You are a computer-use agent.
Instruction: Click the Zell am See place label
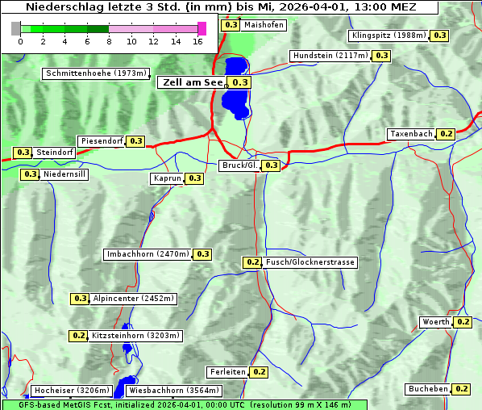[x=191, y=82]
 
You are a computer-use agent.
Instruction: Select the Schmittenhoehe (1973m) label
[x=96, y=73]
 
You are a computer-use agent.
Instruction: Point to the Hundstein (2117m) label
[x=330, y=56]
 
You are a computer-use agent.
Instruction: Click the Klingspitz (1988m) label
[x=389, y=36]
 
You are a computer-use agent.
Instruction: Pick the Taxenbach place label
[x=411, y=134]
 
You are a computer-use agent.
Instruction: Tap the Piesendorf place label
[x=102, y=141]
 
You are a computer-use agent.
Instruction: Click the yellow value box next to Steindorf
[x=23, y=153]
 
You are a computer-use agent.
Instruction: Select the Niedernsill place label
[x=64, y=174]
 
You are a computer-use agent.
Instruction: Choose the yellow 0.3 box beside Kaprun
[x=194, y=178]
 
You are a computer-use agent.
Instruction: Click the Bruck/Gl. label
[x=239, y=165]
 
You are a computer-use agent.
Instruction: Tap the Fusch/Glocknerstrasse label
[x=310, y=262]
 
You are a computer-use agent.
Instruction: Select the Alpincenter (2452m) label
[x=134, y=299]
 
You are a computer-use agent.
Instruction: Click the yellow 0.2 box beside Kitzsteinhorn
[x=79, y=336]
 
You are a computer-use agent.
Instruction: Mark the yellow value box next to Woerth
[x=463, y=322]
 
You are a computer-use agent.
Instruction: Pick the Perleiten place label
[x=226, y=372]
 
